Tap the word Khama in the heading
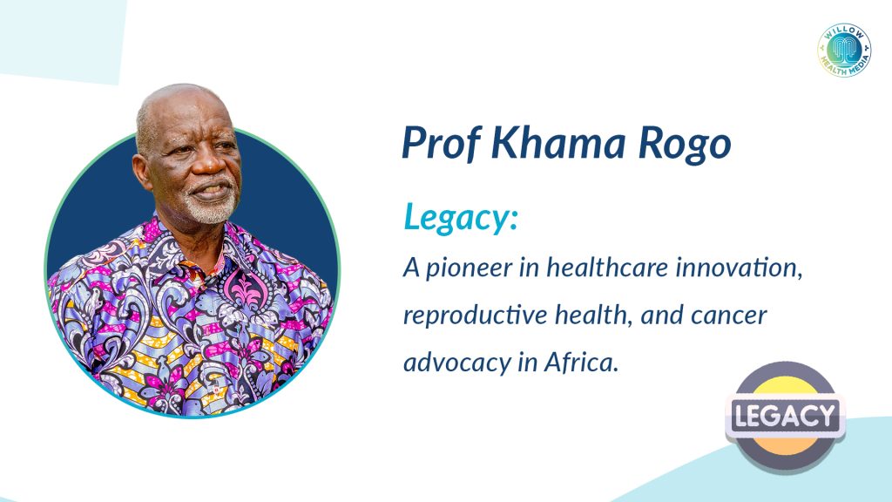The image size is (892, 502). [558, 142]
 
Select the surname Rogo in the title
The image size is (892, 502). [685, 144]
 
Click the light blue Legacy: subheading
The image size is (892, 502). [461, 217]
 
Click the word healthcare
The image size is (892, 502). [607, 267]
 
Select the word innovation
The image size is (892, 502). [739, 268]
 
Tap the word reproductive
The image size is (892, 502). [475, 315]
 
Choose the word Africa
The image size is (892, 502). [581, 362]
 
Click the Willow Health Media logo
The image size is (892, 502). [844, 50]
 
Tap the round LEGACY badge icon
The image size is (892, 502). [785, 416]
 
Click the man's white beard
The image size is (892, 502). [212, 208]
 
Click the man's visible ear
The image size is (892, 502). [142, 172]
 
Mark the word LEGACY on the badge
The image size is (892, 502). [785, 415]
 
